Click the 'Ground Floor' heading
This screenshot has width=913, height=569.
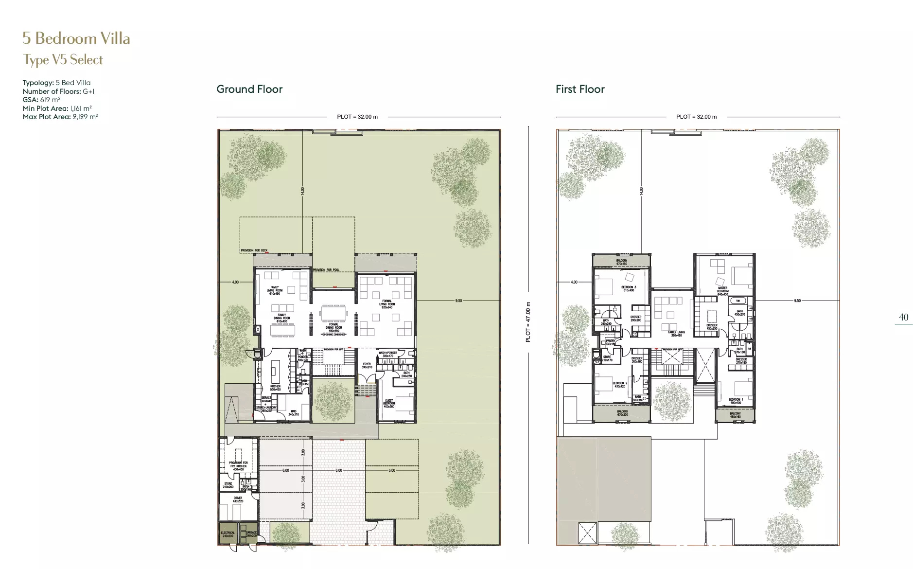249,89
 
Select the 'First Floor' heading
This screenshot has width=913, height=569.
580,89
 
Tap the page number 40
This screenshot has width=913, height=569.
903,317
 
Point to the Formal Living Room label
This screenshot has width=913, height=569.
387,304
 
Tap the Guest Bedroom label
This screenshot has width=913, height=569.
389,403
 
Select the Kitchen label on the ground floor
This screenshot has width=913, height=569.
275,388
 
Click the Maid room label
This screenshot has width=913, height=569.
293,413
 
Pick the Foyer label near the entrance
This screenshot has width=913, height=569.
367,365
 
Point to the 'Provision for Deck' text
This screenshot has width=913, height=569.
254,250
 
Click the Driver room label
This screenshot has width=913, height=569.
238,499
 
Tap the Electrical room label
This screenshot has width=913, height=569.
228,534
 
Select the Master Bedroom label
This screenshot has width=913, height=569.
723,291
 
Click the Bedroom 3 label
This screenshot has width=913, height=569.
628,288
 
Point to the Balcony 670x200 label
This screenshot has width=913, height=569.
622,413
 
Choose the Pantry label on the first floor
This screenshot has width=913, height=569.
611,342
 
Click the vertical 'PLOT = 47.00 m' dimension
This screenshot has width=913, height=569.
528,322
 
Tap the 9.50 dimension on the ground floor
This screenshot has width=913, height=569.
458,301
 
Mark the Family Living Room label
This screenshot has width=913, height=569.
275,290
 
